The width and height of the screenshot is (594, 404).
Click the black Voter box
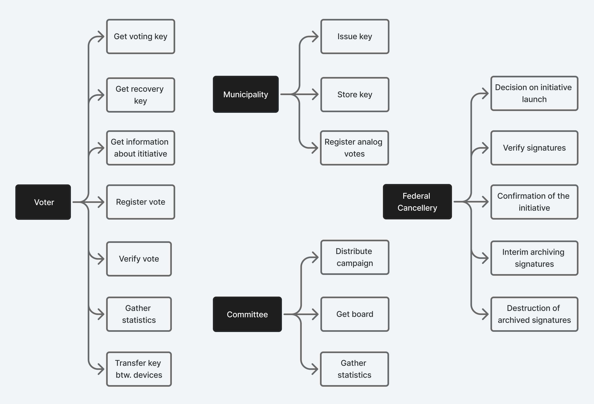coord(43,202)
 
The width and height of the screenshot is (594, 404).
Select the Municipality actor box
coord(246,94)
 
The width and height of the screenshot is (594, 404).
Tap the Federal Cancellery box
coord(417,202)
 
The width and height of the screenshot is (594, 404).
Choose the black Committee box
coord(247,314)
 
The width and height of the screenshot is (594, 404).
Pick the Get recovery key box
coord(141,95)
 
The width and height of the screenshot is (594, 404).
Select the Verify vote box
coord(139,259)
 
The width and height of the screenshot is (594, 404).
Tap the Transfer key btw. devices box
coord(139,369)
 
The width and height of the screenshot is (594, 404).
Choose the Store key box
coord(355,94)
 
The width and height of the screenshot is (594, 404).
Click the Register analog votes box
coord(354,148)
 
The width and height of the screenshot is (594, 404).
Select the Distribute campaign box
coord(355,257)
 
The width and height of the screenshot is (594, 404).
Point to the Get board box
coord(355,314)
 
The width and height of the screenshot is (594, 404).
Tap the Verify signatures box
coord(534,148)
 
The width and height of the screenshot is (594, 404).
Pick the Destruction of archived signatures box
coord(534,314)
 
